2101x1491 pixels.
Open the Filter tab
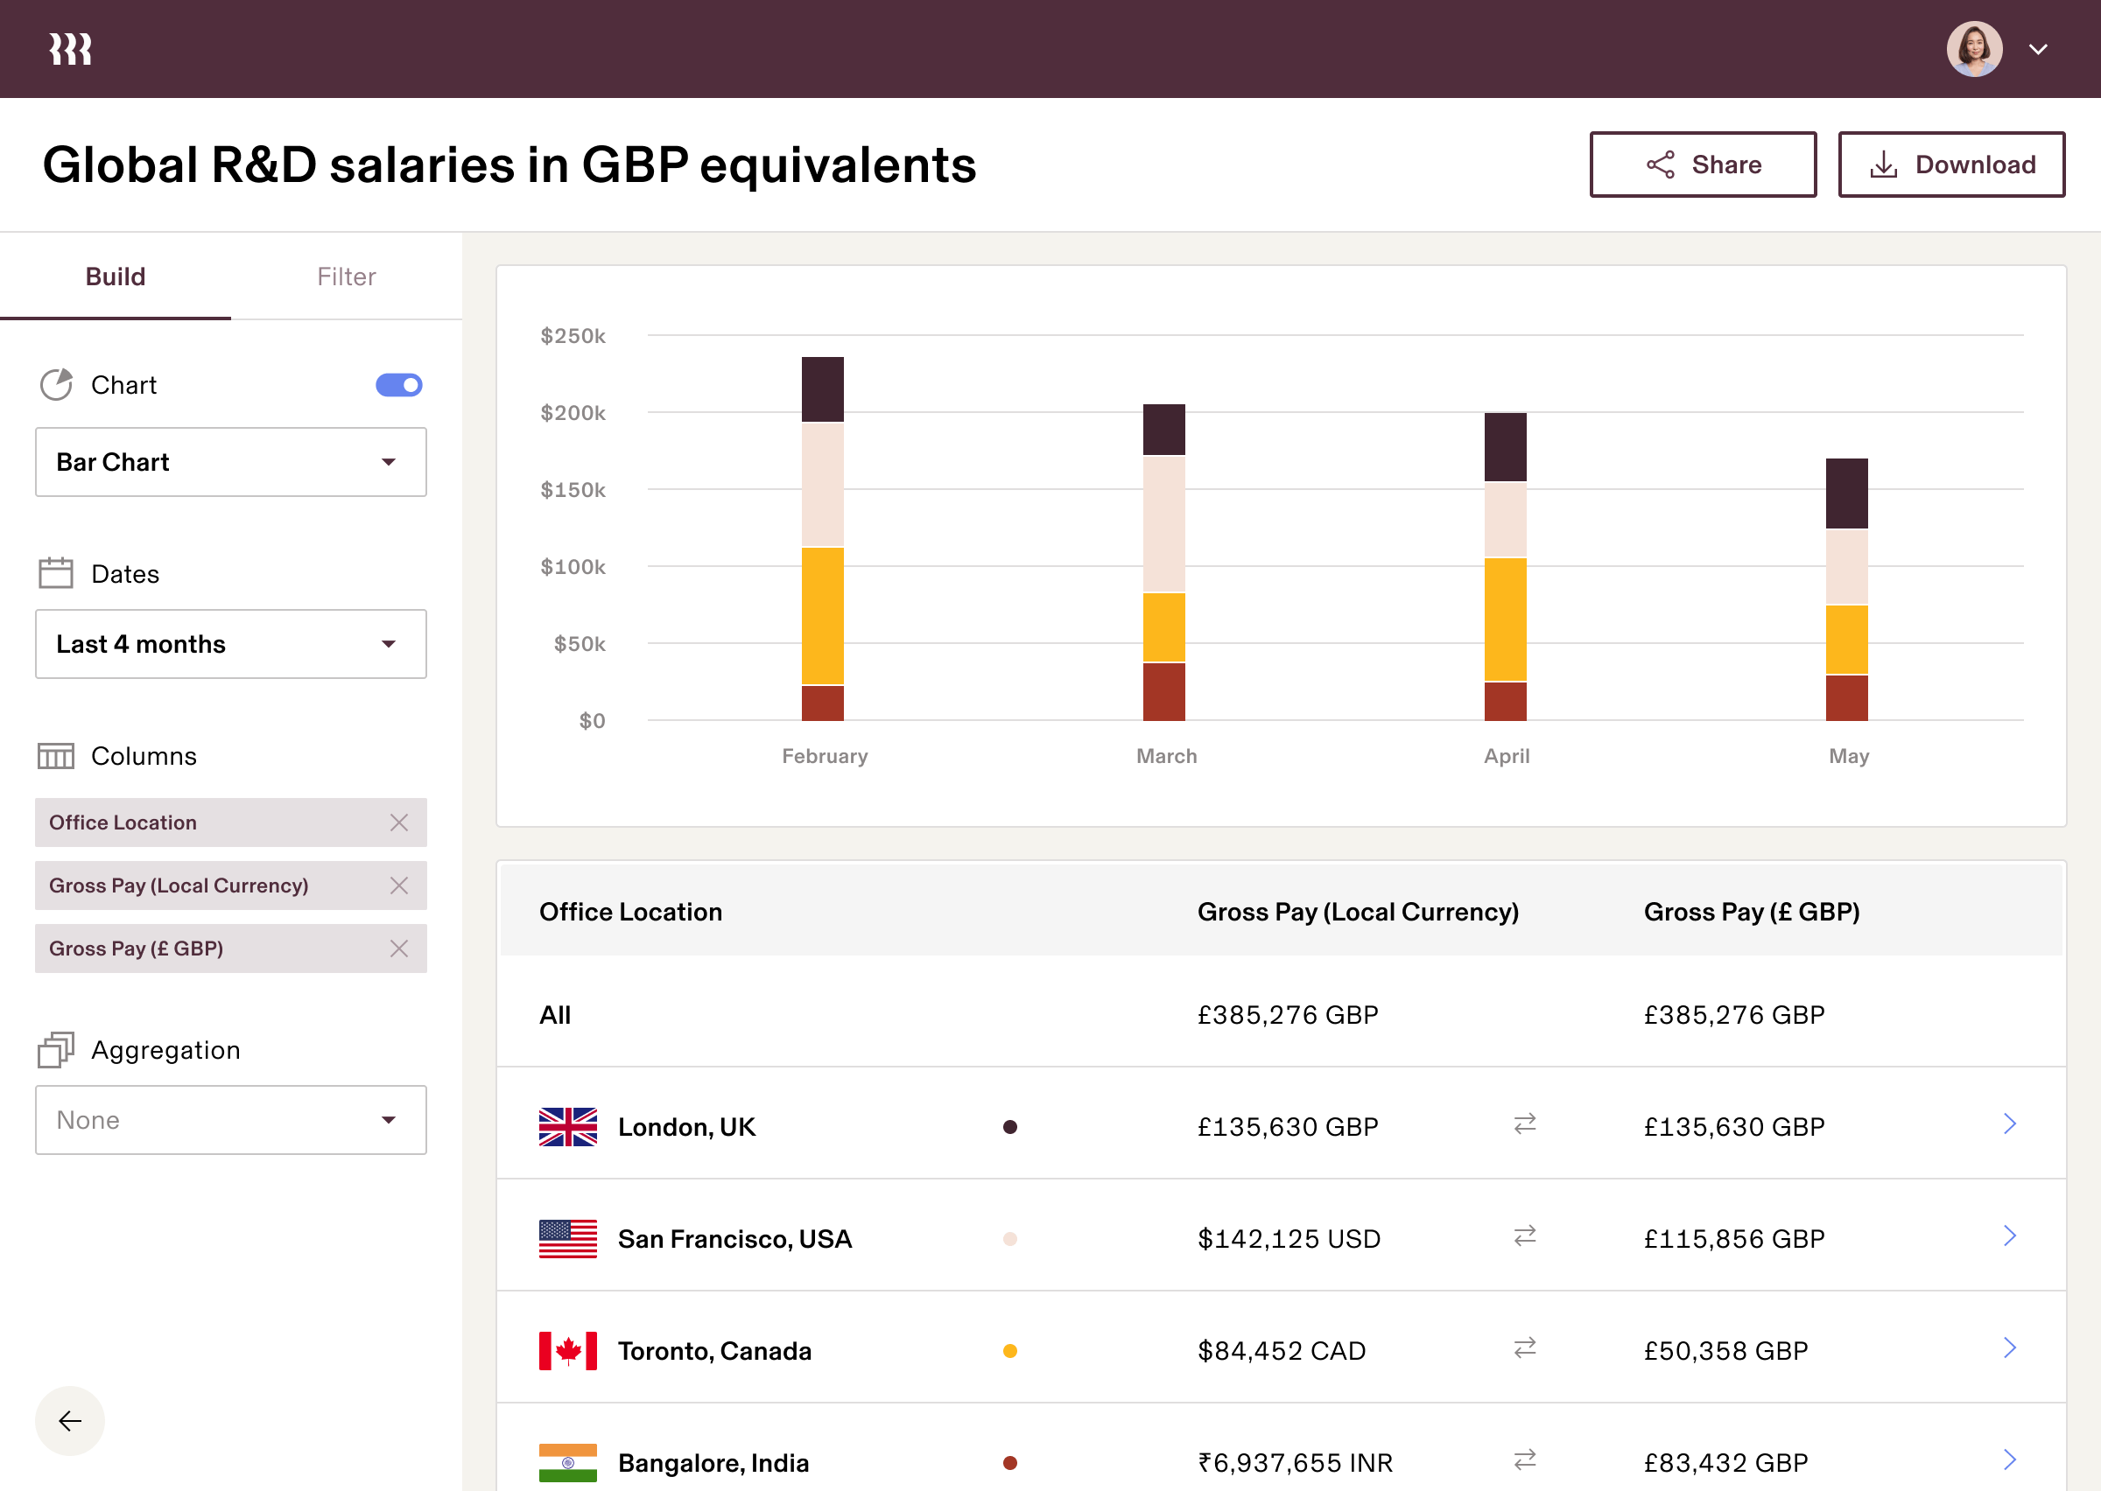pos(346,276)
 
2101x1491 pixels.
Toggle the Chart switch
pos(398,385)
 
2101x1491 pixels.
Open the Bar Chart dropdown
pos(230,462)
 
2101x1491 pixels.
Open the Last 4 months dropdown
pos(230,644)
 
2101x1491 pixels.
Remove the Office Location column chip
pos(398,822)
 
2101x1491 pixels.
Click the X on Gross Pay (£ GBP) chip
pos(398,948)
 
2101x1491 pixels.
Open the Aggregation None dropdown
pos(230,1120)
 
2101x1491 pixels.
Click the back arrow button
pos(70,1420)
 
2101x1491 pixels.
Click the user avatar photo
pos(1973,49)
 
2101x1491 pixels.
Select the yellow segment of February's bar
pos(822,615)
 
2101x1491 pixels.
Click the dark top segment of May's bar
pos(1845,493)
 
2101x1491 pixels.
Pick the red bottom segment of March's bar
pos(1163,691)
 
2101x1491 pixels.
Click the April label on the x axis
pos(1506,756)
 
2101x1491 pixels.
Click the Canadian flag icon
pos(567,1350)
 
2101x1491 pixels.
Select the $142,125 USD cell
pos(1289,1238)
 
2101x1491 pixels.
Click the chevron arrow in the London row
pos(2009,1123)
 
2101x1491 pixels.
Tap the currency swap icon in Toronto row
pos(1524,1347)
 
